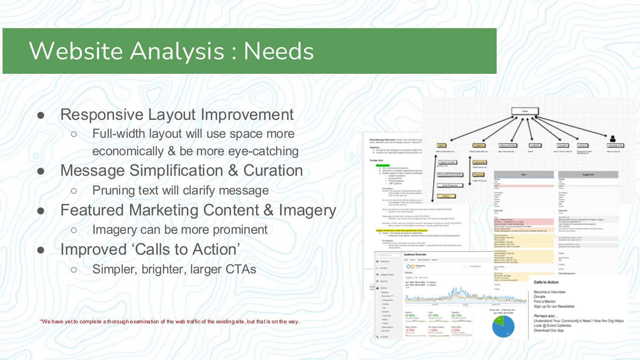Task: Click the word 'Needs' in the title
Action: [x=279, y=51]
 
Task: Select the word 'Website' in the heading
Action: [x=77, y=51]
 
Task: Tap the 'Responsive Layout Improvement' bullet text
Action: [x=177, y=115]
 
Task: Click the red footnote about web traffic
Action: [x=170, y=322]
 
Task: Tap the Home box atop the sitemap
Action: [x=525, y=111]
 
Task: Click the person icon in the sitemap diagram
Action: [x=613, y=139]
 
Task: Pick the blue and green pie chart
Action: [x=503, y=326]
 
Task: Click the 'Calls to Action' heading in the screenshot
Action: [x=546, y=282]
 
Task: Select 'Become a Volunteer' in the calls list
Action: [x=550, y=292]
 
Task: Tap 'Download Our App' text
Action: [x=549, y=331]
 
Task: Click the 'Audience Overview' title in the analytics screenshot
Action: [x=415, y=255]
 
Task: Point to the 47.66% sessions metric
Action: [x=410, y=316]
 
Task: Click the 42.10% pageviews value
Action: [x=456, y=316]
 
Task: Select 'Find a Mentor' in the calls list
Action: [x=544, y=302]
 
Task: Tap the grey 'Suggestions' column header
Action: [x=588, y=175]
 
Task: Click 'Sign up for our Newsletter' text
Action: [x=554, y=306]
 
